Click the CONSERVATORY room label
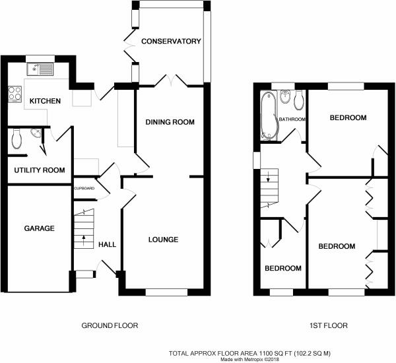pos(171,41)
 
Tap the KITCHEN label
pos(45,101)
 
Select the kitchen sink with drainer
pos(40,69)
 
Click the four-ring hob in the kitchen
pos(15,94)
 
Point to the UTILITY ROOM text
pos(40,170)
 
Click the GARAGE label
pos(40,228)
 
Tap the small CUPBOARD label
pos(84,189)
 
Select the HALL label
pos(108,244)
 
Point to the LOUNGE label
pos(164,240)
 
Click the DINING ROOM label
pos(170,122)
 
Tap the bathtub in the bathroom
pos(269,115)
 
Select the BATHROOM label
pos(292,119)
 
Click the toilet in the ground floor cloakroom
pos(16,139)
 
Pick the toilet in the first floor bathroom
pos(299,100)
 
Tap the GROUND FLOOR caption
pos(110,325)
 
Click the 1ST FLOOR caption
pos(329,325)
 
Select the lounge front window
pos(167,292)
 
